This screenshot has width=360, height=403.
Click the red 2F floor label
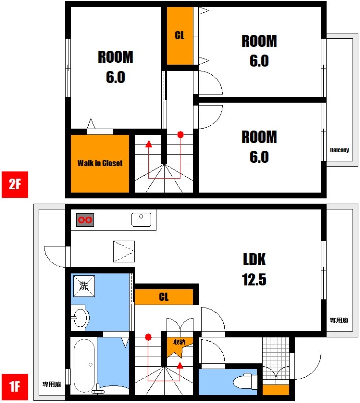(x=15, y=184)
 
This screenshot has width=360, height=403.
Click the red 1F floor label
(x=15, y=387)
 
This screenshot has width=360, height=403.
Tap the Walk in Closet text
(x=100, y=163)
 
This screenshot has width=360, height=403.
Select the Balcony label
(x=339, y=150)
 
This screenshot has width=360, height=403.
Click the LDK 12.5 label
(x=254, y=270)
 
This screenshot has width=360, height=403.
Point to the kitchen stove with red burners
(x=85, y=220)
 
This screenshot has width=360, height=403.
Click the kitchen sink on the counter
(x=141, y=220)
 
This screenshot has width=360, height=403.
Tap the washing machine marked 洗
(x=84, y=286)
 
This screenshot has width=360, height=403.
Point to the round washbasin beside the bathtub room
(x=80, y=318)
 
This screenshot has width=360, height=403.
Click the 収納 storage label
(x=179, y=342)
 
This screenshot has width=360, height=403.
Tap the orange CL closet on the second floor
(x=180, y=36)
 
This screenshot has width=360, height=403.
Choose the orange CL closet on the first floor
(x=164, y=297)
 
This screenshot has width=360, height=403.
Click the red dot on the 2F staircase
(x=181, y=135)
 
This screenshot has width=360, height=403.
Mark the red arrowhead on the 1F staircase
(x=180, y=365)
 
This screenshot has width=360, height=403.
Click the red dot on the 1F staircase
(x=148, y=337)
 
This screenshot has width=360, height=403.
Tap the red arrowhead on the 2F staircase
(x=149, y=144)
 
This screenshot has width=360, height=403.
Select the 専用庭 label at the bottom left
(x=52, y=384)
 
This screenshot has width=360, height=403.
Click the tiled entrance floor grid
(x=276, y=358)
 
